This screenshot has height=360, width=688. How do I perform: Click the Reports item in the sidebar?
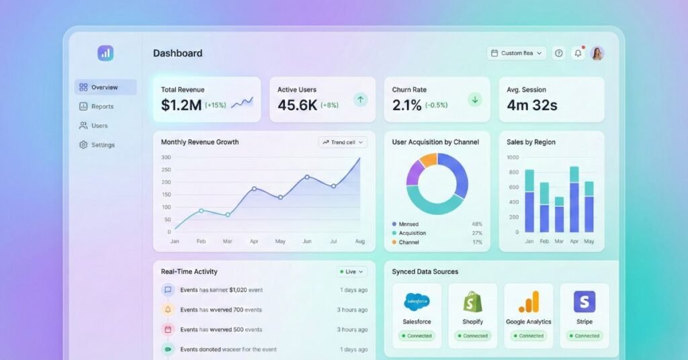[102, 106]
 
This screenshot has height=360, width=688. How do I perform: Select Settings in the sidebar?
[102, 145]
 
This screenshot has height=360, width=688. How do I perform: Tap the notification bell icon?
[578, 53]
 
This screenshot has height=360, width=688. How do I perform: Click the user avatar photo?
[597, 53]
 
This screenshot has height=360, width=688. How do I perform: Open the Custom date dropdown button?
[517, 53]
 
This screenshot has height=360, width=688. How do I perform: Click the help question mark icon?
[558, 53]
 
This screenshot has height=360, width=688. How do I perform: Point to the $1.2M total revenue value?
[181, 105]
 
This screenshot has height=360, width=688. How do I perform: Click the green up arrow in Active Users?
[361, 99]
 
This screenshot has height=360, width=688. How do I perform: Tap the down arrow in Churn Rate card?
[475, 99]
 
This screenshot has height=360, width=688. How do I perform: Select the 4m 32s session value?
[532, 105]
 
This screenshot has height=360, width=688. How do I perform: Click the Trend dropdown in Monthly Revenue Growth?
[343, 142]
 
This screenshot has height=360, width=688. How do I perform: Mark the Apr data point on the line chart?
[254, 189]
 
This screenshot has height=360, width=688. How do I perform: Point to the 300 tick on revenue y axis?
[166, 158]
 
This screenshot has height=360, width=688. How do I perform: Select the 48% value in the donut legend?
[477, 224]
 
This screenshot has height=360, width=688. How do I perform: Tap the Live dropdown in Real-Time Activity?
[352, 272]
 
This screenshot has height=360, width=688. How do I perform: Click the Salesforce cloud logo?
[417, 302]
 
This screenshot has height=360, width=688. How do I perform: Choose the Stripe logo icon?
[585, 302]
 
